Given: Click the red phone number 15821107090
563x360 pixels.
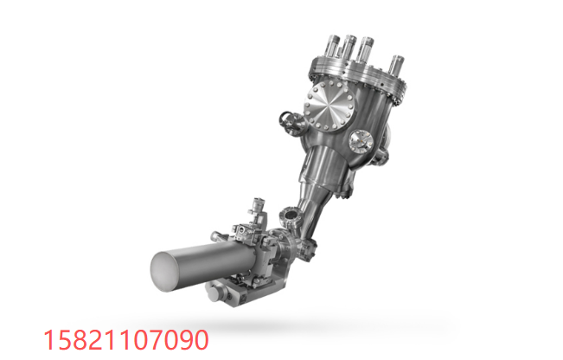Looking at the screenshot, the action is [x=125, y=339].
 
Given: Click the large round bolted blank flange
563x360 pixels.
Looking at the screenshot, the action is [x=329, y=106].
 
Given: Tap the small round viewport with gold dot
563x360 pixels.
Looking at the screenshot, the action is [x=361, y=140].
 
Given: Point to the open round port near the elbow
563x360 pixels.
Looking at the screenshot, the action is [x=289, y=215].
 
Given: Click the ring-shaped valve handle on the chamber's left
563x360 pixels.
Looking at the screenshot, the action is [x=286, y=119].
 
